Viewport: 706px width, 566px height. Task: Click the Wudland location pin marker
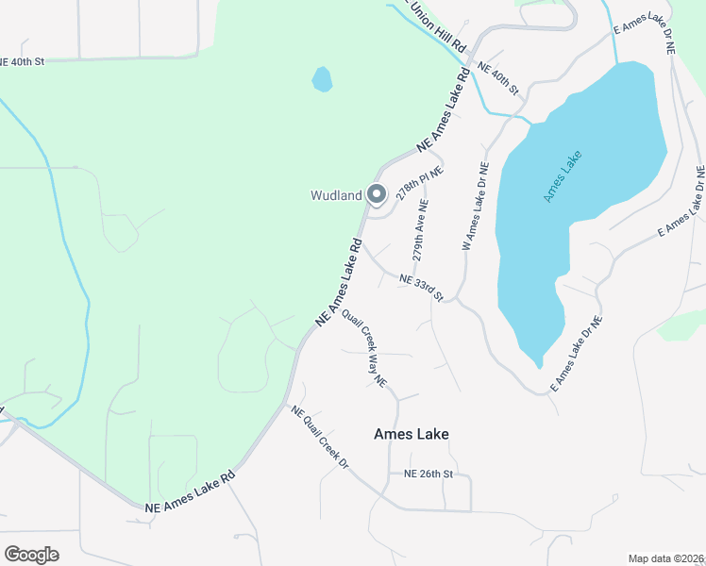coord(377,194)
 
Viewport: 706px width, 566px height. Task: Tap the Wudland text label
coord(337,196)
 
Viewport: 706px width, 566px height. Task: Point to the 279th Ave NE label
coord(421,230)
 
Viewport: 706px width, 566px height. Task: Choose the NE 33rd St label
coord(421,286)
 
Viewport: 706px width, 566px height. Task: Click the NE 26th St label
coord(429,474)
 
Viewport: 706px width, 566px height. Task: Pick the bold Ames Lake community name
coord(411,434)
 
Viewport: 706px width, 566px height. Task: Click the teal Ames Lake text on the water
coord(563,176)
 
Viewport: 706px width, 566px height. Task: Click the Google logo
coord(31,555)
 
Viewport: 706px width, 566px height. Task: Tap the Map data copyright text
coord(666,558)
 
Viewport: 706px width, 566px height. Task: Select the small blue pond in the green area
coord(323,79)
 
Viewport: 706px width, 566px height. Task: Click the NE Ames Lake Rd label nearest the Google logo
coord(190,493)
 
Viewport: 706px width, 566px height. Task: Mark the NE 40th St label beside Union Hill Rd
coord(498,77)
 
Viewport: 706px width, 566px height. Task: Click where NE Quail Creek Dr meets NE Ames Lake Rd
coord(286,406)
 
